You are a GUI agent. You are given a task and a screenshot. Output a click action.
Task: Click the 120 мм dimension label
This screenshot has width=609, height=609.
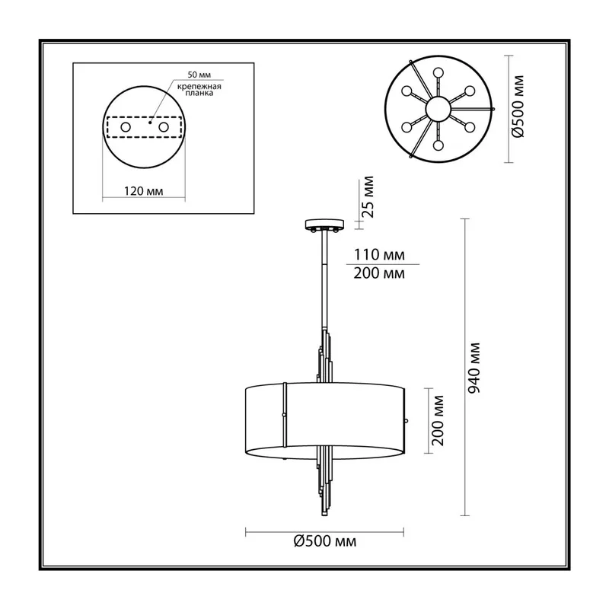(143, 191)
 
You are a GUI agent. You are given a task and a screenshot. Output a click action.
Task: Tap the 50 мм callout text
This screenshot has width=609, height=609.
(199, 75)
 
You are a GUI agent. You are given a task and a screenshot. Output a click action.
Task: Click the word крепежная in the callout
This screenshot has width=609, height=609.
(199, 87)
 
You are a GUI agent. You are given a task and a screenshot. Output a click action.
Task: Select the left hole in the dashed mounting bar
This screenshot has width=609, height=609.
(126, 127)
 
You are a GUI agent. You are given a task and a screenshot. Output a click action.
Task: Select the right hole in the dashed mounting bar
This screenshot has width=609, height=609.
(164, 127)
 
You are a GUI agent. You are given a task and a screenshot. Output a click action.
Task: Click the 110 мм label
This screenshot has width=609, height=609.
(379, 255)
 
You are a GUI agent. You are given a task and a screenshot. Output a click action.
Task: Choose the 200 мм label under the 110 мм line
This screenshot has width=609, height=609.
(379, 273)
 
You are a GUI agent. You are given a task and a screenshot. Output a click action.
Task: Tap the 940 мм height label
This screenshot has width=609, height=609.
(473, 368)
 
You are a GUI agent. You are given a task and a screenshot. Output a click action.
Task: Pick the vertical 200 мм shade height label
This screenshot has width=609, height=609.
(438, 421)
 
